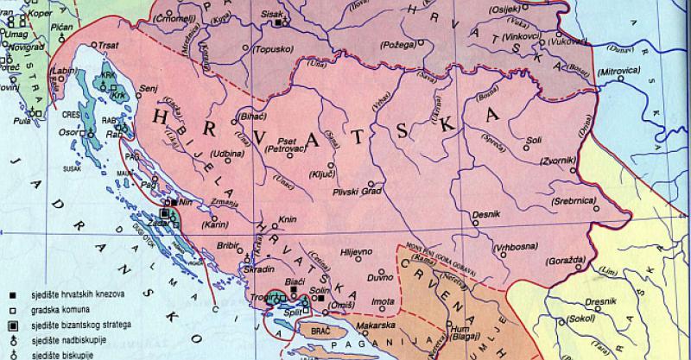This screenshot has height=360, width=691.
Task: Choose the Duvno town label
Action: [x=356, y=279]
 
